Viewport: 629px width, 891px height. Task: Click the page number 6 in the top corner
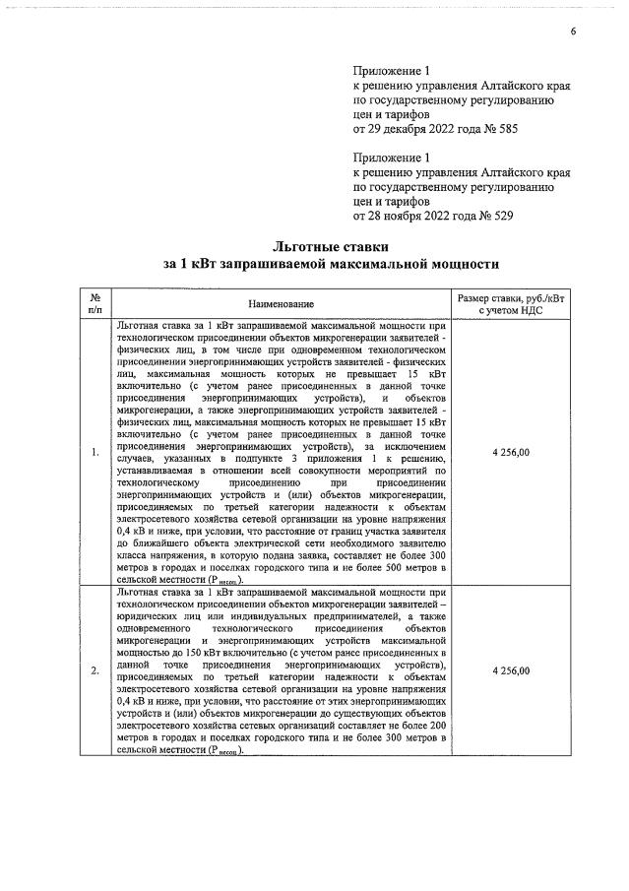point(573,32)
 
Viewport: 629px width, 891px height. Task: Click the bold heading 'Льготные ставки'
point(331,246)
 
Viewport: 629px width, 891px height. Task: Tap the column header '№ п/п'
point(95,303)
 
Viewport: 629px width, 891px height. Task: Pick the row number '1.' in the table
point(94,452)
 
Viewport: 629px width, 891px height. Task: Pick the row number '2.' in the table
point(94,670)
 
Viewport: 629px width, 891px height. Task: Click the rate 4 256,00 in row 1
point(510,452)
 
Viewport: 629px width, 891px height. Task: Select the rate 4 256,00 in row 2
point(510,670)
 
